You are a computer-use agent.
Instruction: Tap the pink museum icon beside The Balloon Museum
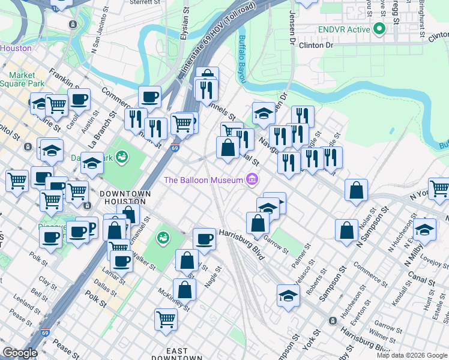pyautogui.click(x=252, y=179)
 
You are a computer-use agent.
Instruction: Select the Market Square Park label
pyautogui.click(x=26, y=79)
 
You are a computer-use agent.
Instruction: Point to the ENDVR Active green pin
pyautogui.click(x=378, y=28)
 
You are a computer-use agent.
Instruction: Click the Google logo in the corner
pyautogui.click(x=20, y=353)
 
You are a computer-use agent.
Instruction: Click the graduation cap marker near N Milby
pyautogui.click(x=424, y=229)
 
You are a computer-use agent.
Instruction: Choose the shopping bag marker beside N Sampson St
pyautogui.click(x=347, y=230)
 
